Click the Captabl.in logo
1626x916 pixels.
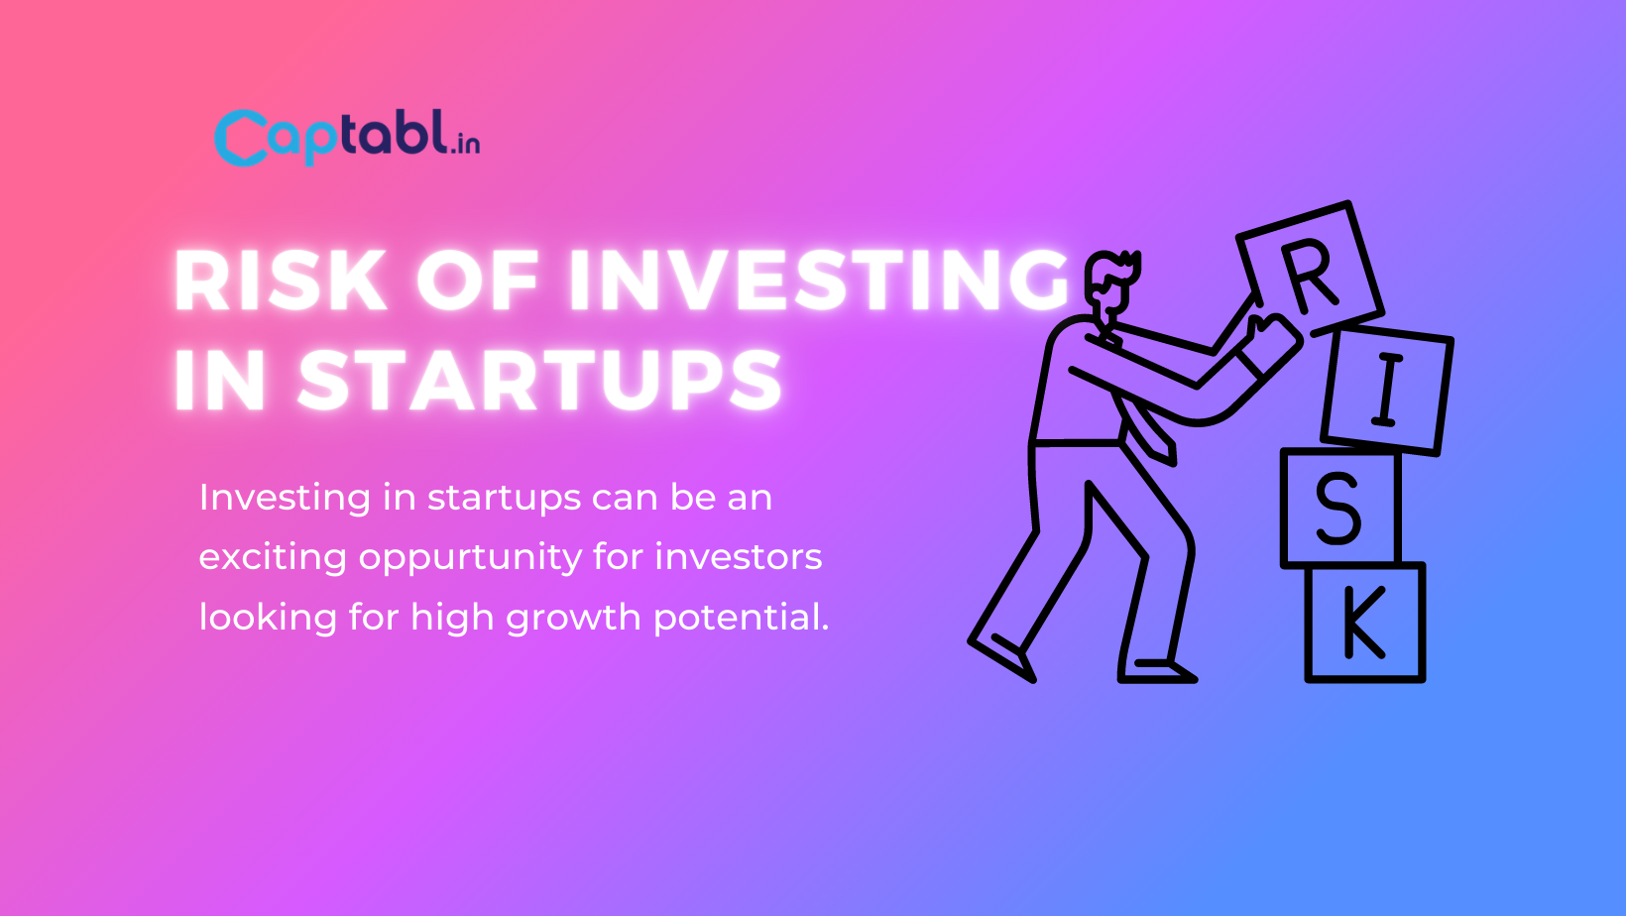point(347,137)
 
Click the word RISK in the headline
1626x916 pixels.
point(280,281)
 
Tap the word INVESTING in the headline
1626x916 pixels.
point(818,281)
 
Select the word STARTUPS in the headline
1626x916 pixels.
point(540,381)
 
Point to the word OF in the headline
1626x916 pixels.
point(477,281)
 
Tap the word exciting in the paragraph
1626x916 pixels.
point(273,558)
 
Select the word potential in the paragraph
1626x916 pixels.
point(742,618)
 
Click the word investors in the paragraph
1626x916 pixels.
point(739,557)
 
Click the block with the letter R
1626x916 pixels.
point(1310,270)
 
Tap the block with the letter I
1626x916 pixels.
point(1386,390)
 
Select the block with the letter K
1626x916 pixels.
point(1364,623)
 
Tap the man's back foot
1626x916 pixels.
point(1004,657)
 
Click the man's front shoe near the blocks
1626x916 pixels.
point(1158,672)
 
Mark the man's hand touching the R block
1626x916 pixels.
point(1270,337)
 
